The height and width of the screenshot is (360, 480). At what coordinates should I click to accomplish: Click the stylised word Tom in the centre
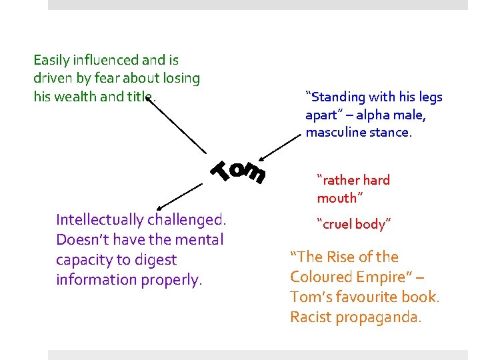pyautogui.click(x=239, y=171)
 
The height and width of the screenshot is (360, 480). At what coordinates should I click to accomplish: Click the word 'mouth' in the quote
pyautogui.click(x=338, y=198)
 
